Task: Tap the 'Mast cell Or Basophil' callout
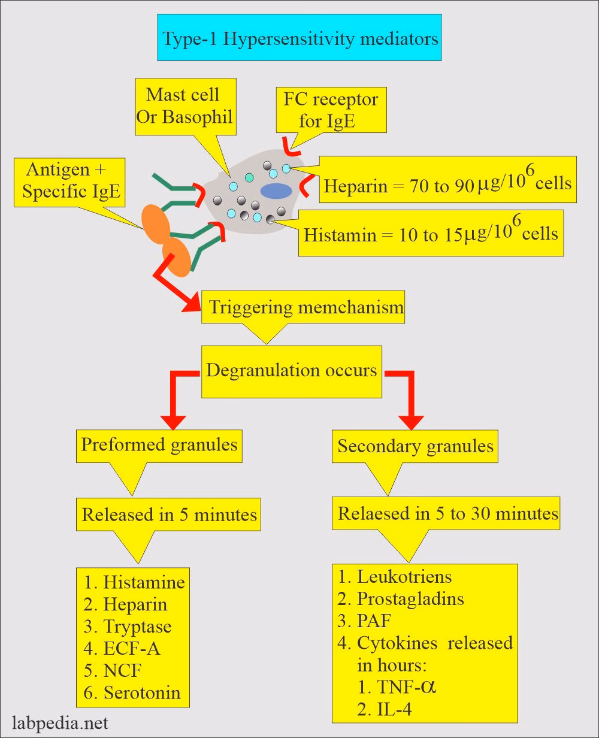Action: pyautogui.click(x=183, y=105)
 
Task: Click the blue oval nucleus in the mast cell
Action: pyautogui.click(x=276, y=190)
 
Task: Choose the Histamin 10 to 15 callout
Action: pyautogui.click(x=430, y=232)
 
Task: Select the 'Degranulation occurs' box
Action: pyautogui.click(x=292, y=370)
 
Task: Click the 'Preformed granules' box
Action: pyautogui.click(x=159, y=445)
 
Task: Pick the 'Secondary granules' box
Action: pyautogui.click(x=415, y=446)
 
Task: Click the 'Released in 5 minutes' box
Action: pyautogui.click(x=170, y=515)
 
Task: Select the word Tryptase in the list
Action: pyautogui.click(x=137, y=627)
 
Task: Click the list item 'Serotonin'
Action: pyautogui.click(x=141, y=692)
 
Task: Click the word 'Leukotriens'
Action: pyautogui.click(x=404, y=577)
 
